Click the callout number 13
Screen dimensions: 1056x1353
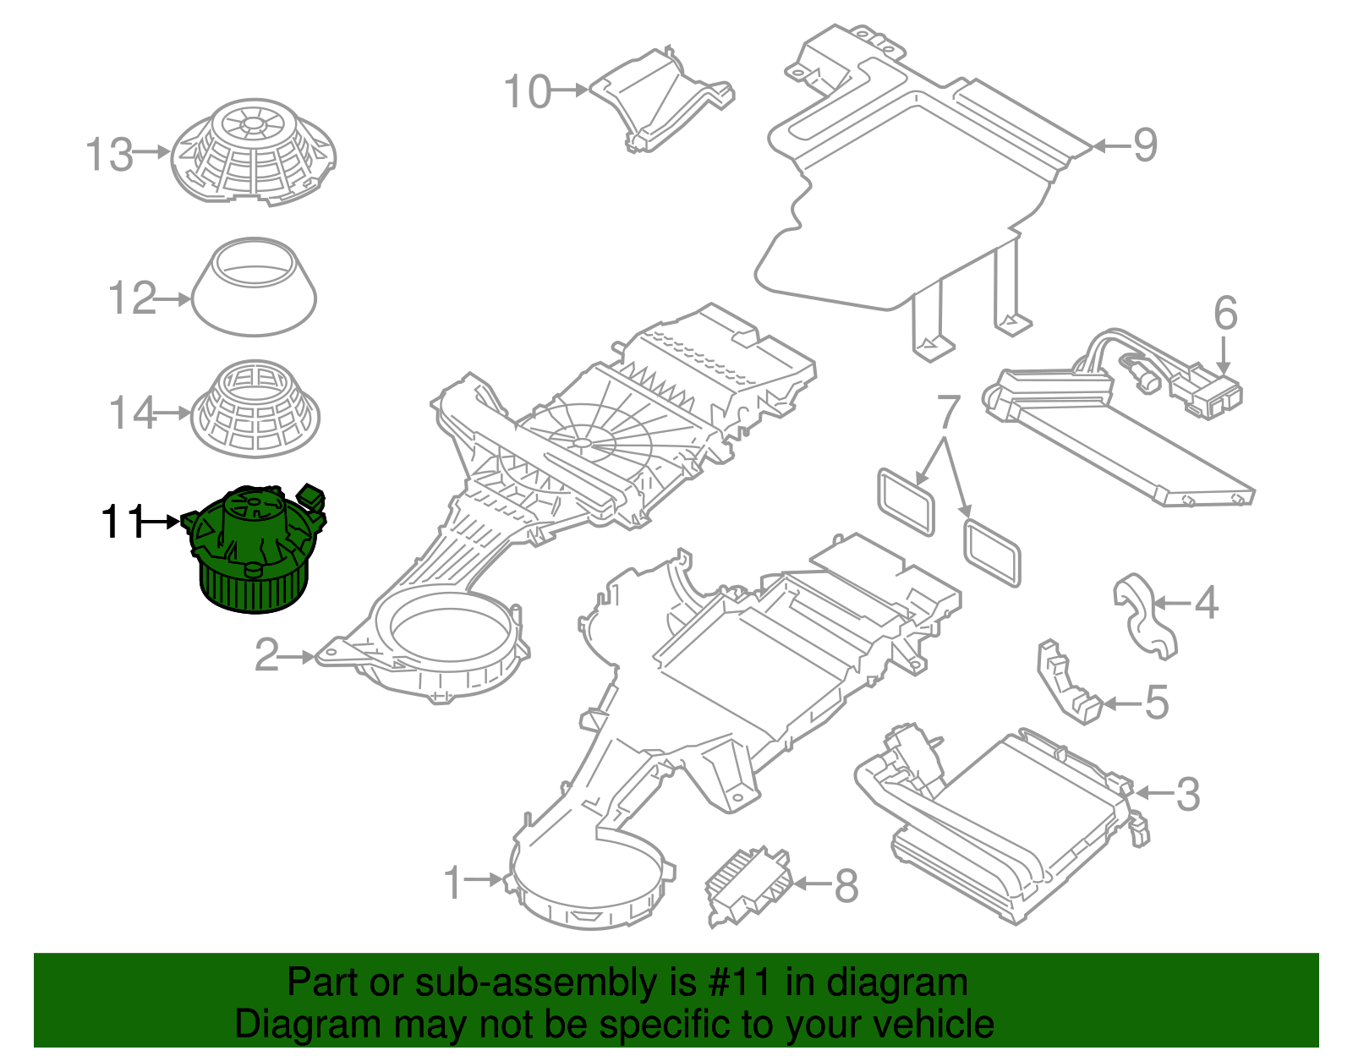[110, 155]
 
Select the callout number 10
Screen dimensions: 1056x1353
[528, 91]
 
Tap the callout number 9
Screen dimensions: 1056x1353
[1145, 145]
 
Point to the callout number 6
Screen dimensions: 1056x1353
[1225, 313]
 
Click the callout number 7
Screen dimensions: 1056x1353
[949, 412]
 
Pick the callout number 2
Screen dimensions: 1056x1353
[267, 655]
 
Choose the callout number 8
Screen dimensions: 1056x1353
[846, 886]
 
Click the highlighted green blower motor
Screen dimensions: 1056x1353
[254, 550]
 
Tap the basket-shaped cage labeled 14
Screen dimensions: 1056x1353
[255, 412]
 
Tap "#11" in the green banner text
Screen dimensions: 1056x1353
[736, 983]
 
